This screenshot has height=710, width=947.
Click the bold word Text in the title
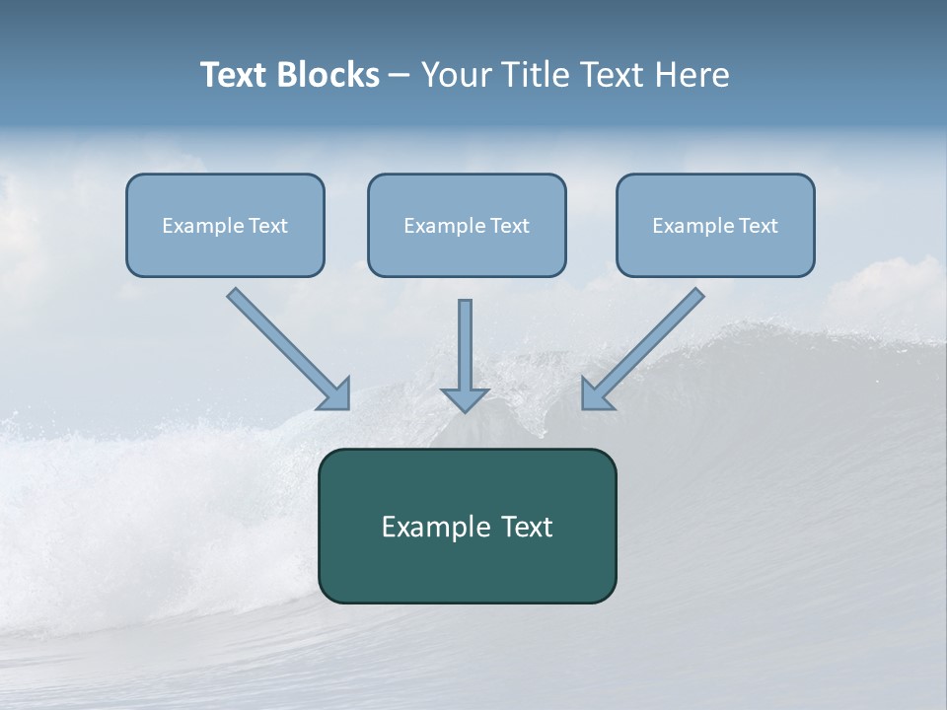(235, 75)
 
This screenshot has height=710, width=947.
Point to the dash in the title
(400, 76)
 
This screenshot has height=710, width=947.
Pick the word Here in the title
(693, 75)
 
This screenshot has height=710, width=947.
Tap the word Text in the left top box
(268, 226)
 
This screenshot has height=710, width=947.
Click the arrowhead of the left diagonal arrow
(336, 394)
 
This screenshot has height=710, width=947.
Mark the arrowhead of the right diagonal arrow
(595, 394)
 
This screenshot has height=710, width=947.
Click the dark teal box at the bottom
(467, 572)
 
